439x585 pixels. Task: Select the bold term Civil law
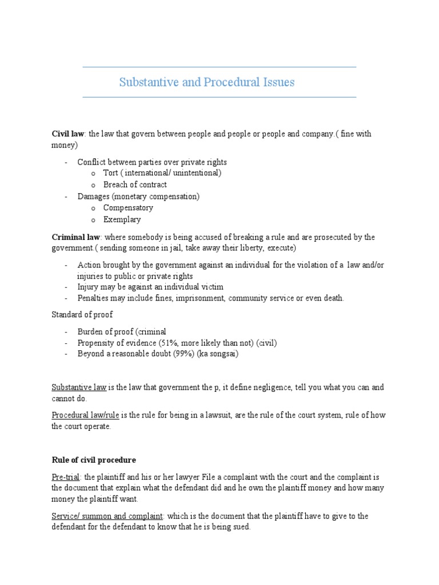[x=68, y=134]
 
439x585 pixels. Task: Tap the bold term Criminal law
[x=76, y=237]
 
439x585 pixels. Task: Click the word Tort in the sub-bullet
[x=110, y=173]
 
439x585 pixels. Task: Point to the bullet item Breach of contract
[x=135, y=185]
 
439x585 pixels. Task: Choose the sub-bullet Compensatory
[x=128, y=208]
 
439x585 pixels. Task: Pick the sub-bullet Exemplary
[x=122, y=219]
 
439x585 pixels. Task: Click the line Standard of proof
[x=82, y=314]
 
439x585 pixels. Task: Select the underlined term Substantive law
[x=79, y=387]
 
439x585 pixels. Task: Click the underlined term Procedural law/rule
[x=85, y=416]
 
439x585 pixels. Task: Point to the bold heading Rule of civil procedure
[x=94, y=460]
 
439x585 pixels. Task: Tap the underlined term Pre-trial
[x=66, y=477]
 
